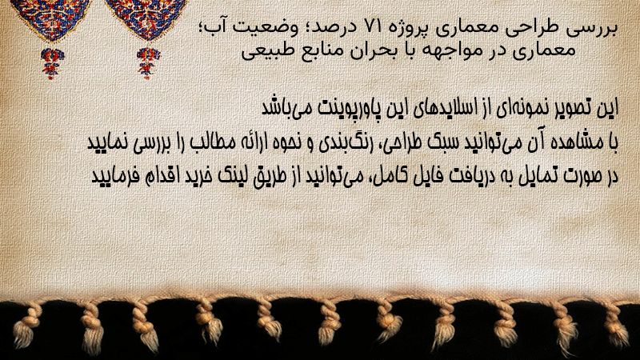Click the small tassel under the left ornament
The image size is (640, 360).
(x=52, y=63)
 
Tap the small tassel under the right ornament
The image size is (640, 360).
(x=148, y=63)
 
